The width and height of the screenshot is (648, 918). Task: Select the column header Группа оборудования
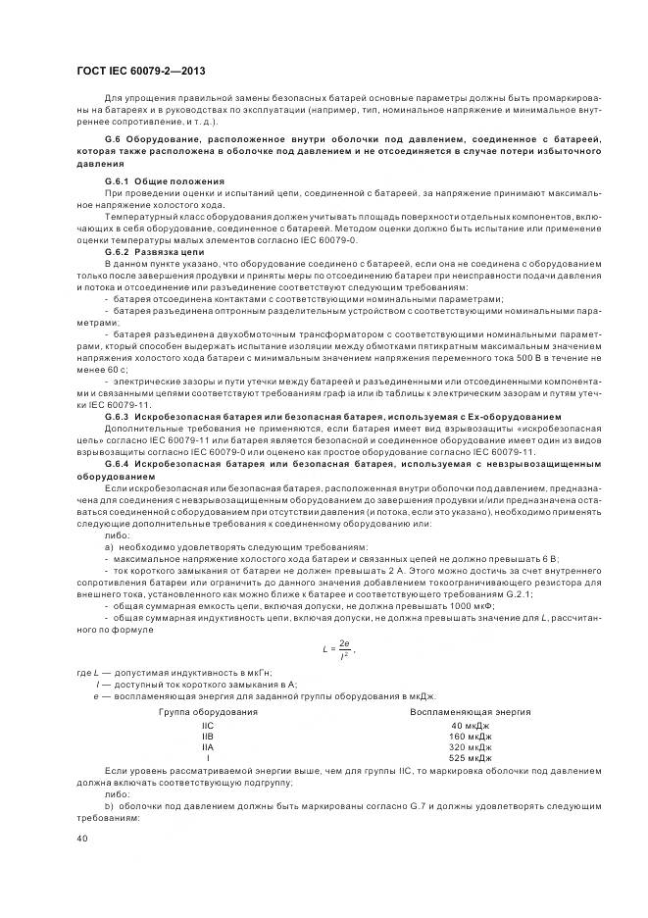tap(208, 711)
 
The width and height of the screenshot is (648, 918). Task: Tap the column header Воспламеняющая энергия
tap(471, 711)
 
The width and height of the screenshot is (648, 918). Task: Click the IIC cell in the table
tap(208, 725)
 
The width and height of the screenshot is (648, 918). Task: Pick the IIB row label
tap(208, 736)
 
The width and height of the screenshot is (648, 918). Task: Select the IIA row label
tap(208, 746)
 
